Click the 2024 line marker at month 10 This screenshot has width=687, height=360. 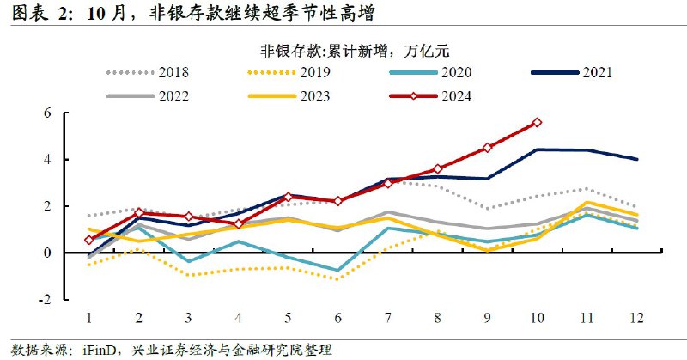pyautogui.click(x=538, y=122)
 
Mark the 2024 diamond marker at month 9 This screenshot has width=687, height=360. pyautogui.click(x=488, y=148)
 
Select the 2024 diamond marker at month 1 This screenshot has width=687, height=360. pyautogui.click(x=89, y=240)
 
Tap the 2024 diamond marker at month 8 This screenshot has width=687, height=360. pyautogui.click(x=437, y=169)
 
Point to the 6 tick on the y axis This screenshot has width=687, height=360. pyautogui.click(x=72, y=113)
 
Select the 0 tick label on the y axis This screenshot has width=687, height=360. pyautogui.click(x=72, y=253)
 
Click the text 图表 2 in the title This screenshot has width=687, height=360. pyautogui.click(x=39, y=13)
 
